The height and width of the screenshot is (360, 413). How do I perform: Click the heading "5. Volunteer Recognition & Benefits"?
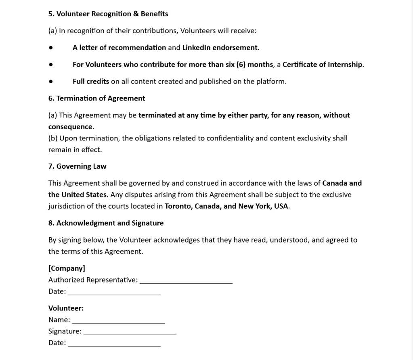pyautogui.click(x=108, y=14)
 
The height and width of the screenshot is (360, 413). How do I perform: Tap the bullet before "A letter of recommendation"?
pyautogui.click(x=51, y=48)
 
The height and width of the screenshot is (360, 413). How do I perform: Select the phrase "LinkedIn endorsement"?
pyautogui.click(x=220, y=48)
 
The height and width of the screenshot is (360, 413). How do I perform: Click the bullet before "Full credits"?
pyautogui.click(x=51, y=82)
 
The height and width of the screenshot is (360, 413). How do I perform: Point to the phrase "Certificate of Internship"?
pyautogui.click(x=323, y=65)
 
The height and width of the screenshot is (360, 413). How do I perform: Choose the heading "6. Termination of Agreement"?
pyautogui.click(x=96, y=98)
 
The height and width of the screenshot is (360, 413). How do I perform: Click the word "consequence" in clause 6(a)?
pyautogui.click(x=71, y=127)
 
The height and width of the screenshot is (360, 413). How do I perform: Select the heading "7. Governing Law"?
pyautogui.click(x=77, y=166)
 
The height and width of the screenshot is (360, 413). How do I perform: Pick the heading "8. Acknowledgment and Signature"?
pyautogui.click(x=106, y=223)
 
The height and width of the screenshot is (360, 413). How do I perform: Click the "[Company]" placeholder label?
pyautogui.click(x=67, y=268)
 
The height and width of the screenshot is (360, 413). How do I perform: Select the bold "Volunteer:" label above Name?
pyautogui.click(x=66, y=308)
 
